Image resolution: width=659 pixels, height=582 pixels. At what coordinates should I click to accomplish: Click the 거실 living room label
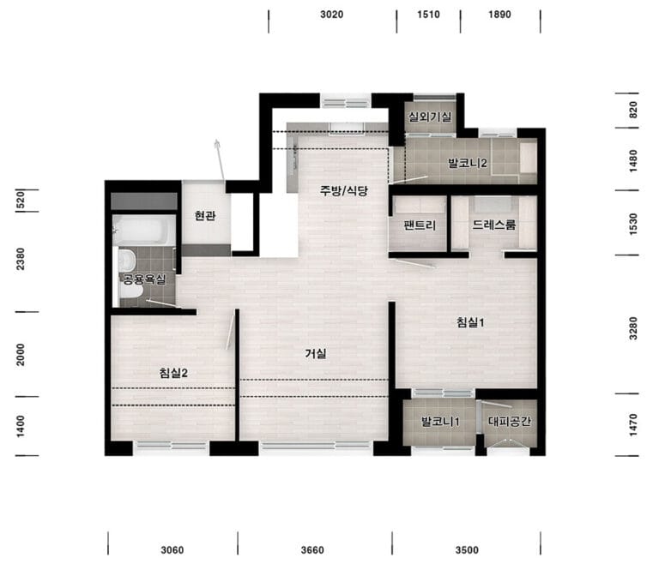316,354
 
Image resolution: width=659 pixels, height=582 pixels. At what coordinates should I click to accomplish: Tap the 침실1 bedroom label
471,322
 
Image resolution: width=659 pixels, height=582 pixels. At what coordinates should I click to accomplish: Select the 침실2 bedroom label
173,373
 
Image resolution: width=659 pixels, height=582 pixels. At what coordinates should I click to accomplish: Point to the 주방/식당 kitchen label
344,191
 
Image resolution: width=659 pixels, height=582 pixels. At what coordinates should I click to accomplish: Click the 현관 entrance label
205,216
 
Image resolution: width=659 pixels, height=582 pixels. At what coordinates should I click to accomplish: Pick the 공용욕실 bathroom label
144,279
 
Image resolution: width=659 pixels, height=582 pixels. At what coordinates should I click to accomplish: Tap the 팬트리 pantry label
420,225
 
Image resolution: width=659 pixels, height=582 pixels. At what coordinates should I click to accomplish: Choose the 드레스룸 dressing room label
494,225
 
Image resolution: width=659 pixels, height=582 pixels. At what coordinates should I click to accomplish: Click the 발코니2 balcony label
468,163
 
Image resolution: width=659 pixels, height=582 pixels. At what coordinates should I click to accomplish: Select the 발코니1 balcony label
440,421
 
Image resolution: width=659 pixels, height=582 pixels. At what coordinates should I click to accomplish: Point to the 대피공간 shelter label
510,421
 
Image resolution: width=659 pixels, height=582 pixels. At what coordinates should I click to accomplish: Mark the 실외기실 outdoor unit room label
430,117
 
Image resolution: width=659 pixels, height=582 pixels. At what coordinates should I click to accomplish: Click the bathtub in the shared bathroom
143,230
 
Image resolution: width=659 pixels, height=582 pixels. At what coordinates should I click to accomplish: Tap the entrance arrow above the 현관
221,160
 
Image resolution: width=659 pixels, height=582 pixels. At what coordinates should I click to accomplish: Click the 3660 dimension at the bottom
312,550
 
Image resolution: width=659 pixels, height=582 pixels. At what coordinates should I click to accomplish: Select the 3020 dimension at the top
331,15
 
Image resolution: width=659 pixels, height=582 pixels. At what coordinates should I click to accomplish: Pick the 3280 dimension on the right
633,328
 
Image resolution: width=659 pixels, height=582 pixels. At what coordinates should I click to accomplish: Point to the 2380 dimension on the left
21,259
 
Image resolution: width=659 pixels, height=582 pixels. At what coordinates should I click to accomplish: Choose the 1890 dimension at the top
499,15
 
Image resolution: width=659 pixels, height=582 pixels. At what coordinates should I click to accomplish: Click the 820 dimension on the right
633,110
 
